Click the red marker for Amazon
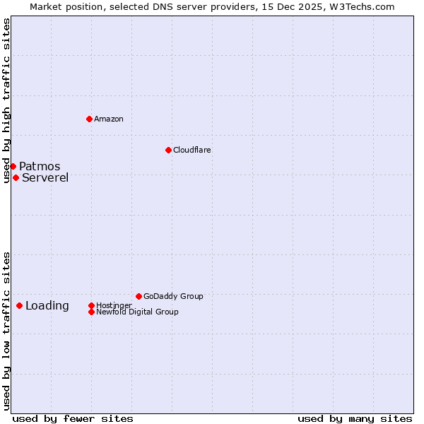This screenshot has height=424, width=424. (x=89, y=119)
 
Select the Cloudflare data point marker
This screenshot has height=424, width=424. (x=168, y=150)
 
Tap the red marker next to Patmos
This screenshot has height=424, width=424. (x=13, y=166)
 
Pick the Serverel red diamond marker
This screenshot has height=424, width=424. (x=16, y=177)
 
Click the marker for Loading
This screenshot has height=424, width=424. (x=19, y=305)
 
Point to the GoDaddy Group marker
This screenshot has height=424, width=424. (x=139, y=296)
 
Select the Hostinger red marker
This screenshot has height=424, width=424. (x=91, y=305)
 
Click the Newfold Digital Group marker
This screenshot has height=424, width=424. (x=91, y=312)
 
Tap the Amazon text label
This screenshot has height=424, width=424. (x=109, y=119)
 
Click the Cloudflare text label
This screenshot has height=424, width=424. (x=192, y=150)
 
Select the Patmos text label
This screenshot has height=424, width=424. (x=40, y=166)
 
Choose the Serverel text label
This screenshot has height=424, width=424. (x=45, y=177)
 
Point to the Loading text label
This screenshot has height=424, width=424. (x=47, y=305)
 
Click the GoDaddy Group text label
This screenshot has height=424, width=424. (x=173, y=296)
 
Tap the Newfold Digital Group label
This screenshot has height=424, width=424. (x=137, y=312)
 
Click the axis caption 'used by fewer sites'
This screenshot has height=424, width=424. (x=73, y=418)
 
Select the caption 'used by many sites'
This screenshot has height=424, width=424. (x=355, y=418)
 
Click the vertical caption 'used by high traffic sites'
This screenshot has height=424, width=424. (x=6, y=100)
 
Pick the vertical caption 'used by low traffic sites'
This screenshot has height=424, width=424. (x=6, y=330)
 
